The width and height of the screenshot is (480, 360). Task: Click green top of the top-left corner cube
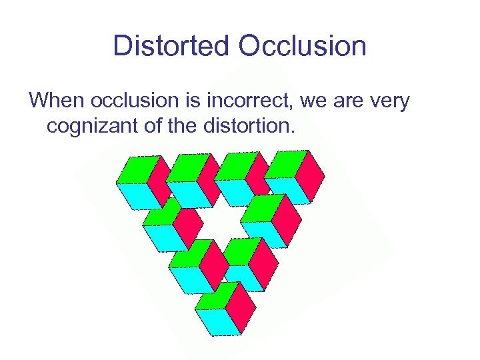[138, 169]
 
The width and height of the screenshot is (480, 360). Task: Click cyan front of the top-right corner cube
[287, 189]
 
